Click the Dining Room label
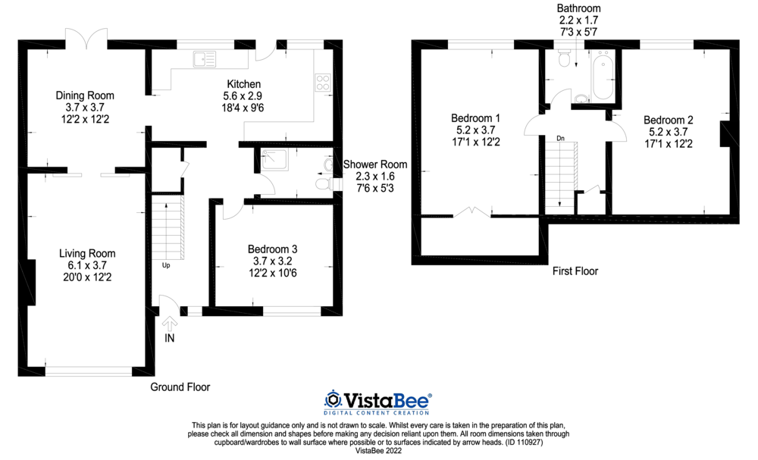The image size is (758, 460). coord(85,95)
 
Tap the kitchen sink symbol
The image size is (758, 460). coord(205,58)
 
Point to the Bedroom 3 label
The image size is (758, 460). coord(273,249)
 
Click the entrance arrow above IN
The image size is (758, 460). coord(168,322)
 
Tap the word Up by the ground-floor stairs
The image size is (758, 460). coord(166,266)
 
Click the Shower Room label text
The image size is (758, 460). coord(375,164)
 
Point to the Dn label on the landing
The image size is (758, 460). coord(560,138)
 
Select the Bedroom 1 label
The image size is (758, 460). coord(475,118)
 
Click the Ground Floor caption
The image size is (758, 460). coord(180,387)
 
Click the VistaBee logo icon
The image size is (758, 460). coord(334,399)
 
